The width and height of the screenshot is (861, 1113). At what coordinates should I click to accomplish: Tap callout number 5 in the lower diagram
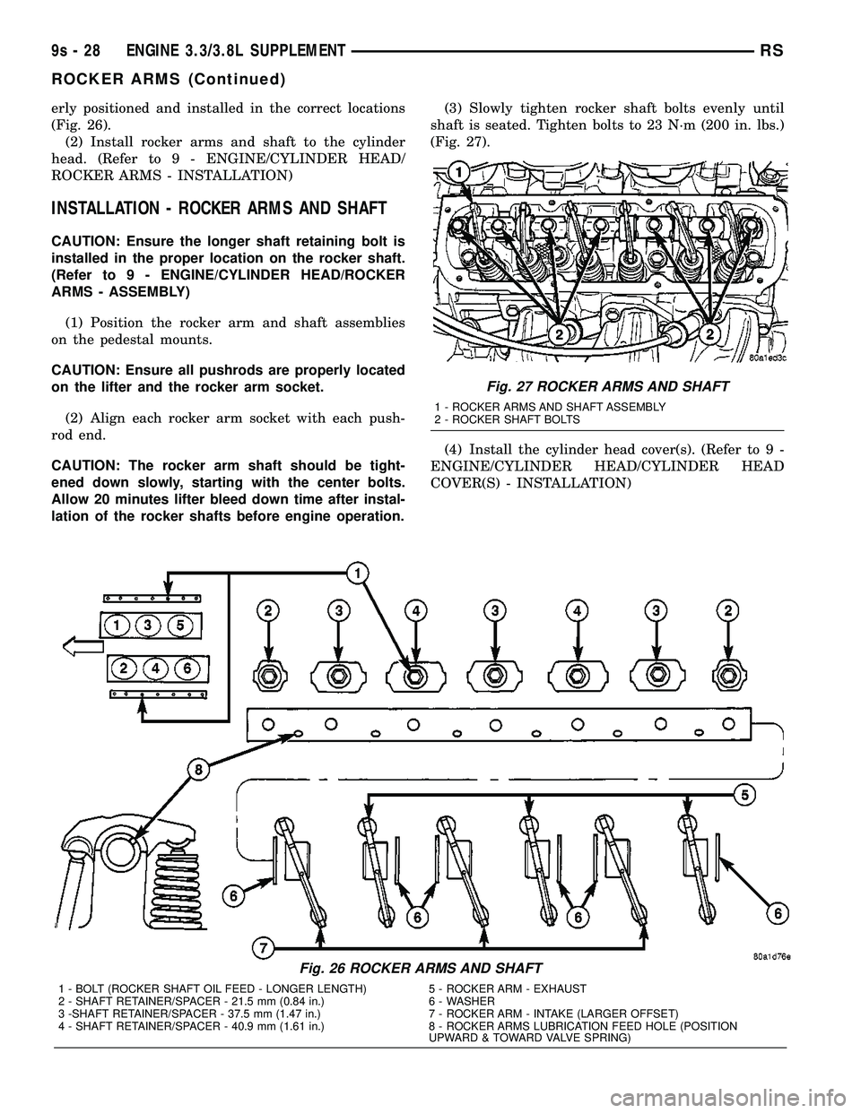(744, 793)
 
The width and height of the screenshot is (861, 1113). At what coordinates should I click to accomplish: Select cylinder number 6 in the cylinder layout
(186, 668)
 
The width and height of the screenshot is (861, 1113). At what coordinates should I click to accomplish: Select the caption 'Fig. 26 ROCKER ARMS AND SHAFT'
(420, 968)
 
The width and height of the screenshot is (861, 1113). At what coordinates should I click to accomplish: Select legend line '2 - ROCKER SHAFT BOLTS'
(506, 419)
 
